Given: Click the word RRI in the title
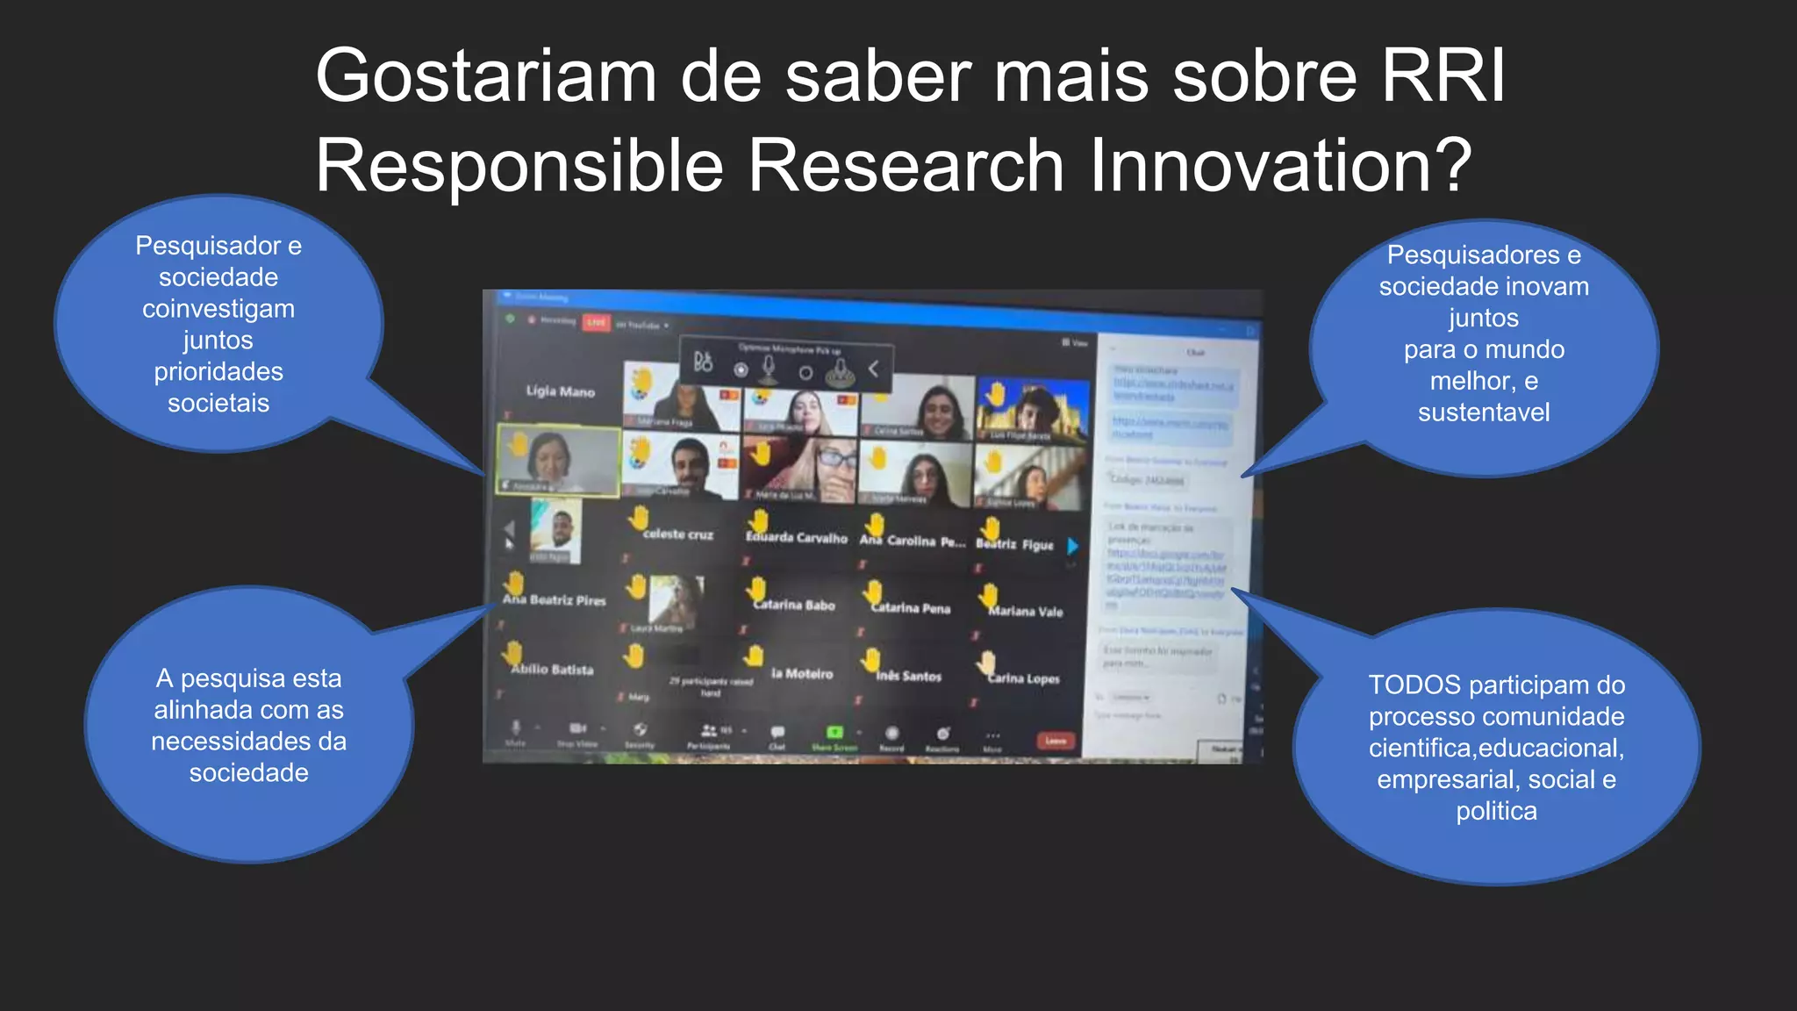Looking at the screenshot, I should tap(1443, 76).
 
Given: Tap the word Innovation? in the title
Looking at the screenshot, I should tap(1280, 166).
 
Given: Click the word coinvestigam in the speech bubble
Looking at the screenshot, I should tap(218, 309).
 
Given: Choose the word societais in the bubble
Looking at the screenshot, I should tap(218, 404).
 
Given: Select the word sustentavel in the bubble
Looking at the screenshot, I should tap(1484, 412).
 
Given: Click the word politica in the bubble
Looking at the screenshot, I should tap(1496, 812).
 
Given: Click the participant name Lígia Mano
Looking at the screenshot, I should tap(560, 391).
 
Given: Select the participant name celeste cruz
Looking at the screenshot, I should tap(677, 534).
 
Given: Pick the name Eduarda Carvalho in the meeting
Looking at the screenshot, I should tap(796, 538).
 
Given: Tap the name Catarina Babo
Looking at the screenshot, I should tap(794, 606).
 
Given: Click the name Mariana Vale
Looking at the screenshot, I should tap(1025, 612).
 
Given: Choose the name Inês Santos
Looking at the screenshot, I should tap(908, 677).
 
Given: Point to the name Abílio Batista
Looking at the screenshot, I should tap(552, 670).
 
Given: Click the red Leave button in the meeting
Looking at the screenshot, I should tap(1056, 742).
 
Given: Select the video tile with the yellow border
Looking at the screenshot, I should tap(559, 460).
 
